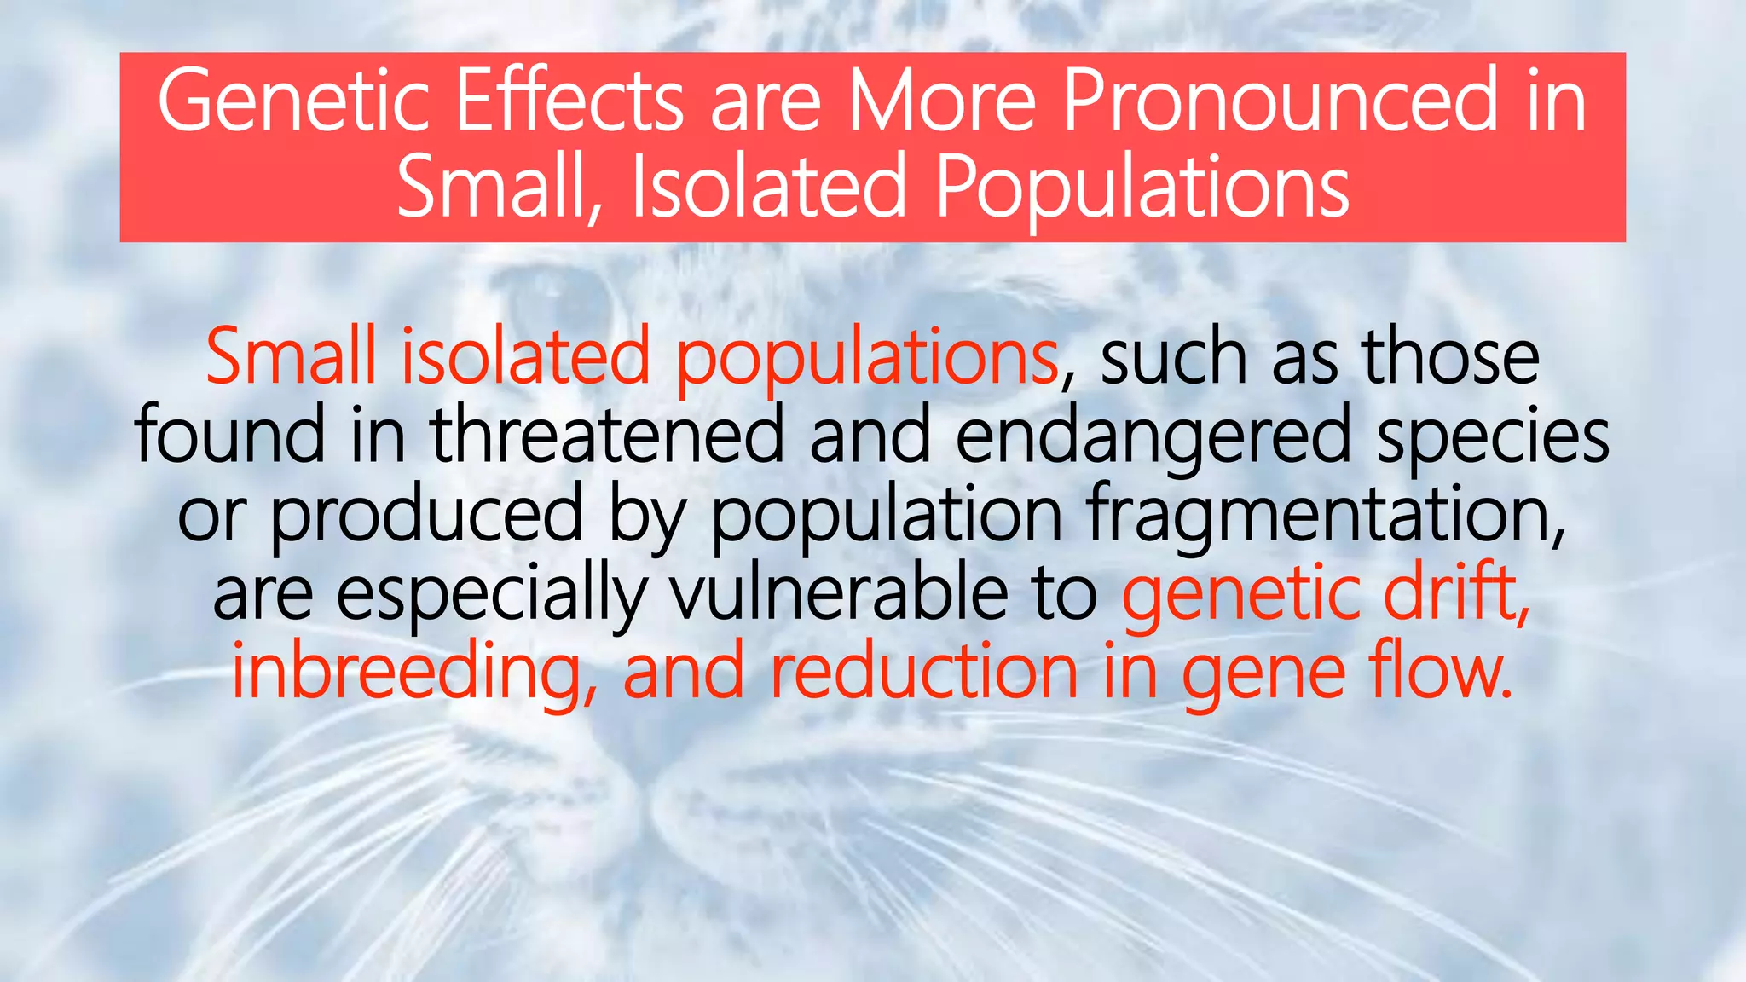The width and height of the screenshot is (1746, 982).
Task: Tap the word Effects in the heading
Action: pyautogui.click(x=569, y=102)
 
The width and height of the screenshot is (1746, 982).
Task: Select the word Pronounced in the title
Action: pyautogui.click(x=1279, y=102)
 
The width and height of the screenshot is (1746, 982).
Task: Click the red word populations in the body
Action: pyautogui.click(x=866, y=358)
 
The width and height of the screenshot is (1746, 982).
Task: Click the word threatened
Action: pyautogui.click(x=606, y=435)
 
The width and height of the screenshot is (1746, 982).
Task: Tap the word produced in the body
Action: pyautogui.click(x=426, y=517)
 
